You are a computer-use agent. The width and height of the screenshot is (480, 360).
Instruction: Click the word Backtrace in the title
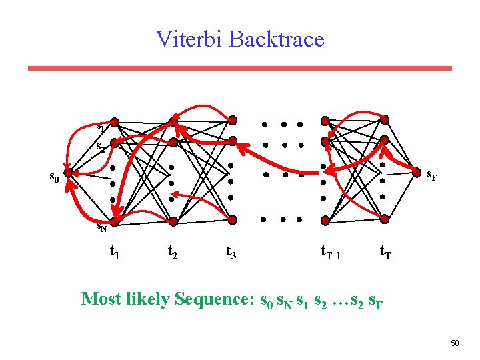(x=276, y=39)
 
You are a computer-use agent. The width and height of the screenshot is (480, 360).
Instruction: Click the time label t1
(x=114, y=253)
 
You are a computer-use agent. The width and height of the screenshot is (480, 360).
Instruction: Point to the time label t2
(x=172, y=253)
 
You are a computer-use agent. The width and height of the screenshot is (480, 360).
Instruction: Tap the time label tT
(x=385, y=253)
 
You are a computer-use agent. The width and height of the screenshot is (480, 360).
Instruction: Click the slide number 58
(x=455, y=343)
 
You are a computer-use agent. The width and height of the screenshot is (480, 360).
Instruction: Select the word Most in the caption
(x=99, y=299)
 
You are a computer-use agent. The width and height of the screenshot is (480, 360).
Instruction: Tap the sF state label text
(x=431, y=177)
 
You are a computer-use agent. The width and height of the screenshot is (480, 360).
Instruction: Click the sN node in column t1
(x=114, y=221)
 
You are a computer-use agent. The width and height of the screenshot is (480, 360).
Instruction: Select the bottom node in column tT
(x=385, y=219)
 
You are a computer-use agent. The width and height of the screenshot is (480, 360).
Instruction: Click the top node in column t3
(x=232, y=120)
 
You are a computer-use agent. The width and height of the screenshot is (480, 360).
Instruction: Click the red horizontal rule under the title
(x=240, y=68)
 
